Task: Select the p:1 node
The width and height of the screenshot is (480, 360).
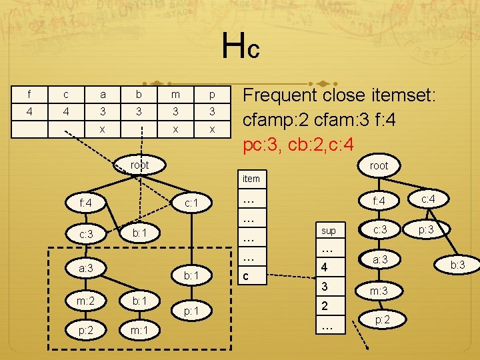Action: pos(191,310)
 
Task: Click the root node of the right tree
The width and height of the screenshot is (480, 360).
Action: pos(378,165)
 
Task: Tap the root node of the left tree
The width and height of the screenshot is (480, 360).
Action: pos(139,164)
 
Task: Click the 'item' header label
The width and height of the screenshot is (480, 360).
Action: pos(251,179)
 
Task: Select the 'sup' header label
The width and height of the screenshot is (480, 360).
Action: pos(329,231)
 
